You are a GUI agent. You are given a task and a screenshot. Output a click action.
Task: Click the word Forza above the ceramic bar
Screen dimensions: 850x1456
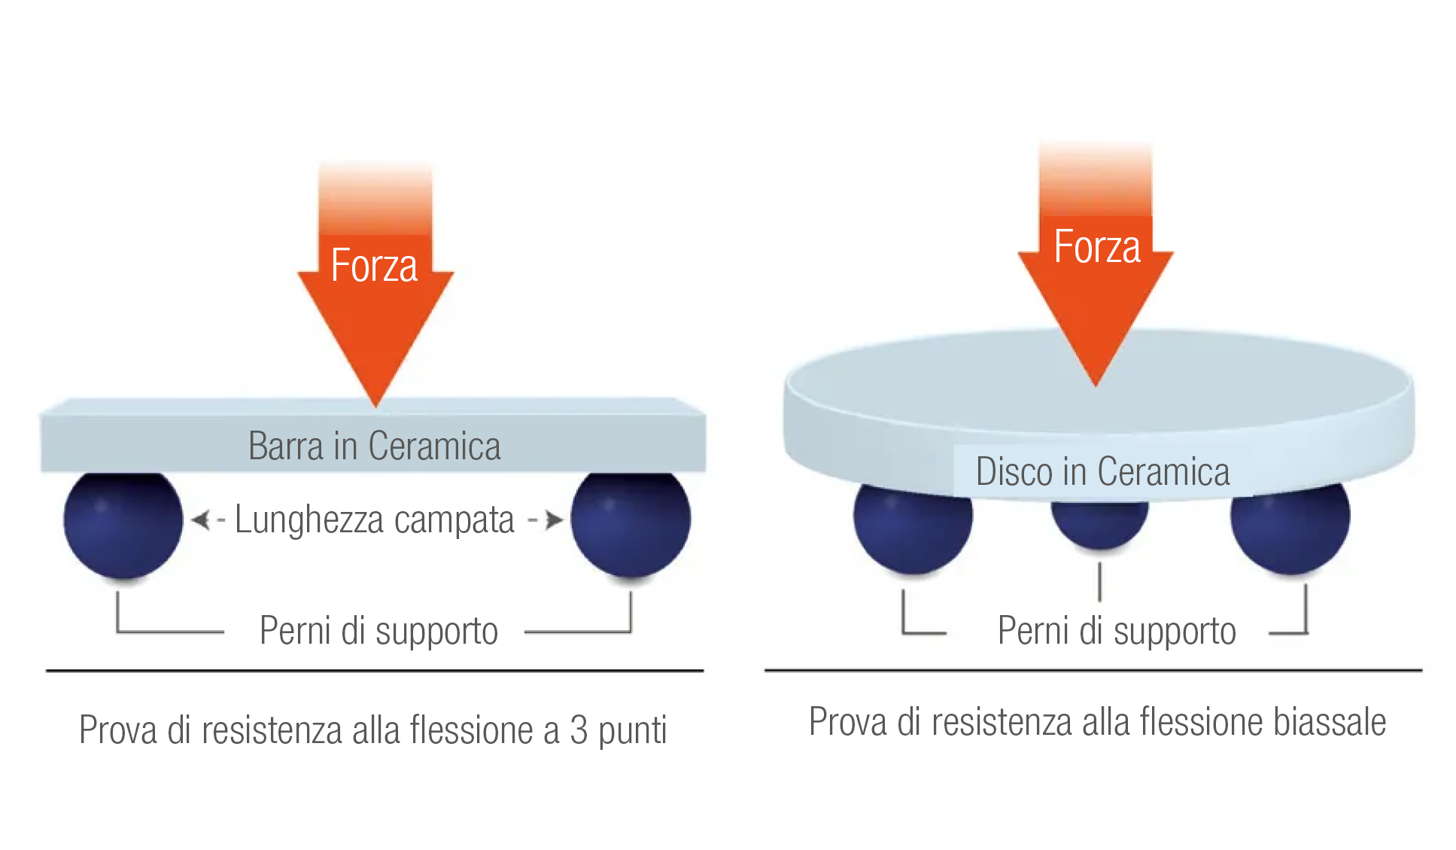click(x=374, y=266)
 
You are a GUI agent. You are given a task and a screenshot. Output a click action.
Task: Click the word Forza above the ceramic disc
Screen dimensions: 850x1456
click(x=1097, y=247)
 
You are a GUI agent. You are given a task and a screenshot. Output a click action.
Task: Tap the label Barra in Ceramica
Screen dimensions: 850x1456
click(x=374, y=446)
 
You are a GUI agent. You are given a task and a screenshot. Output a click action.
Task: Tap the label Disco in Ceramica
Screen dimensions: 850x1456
click(x=1102, y=472)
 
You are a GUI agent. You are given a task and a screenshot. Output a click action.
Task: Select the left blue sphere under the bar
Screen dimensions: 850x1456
click(x=123, y=523)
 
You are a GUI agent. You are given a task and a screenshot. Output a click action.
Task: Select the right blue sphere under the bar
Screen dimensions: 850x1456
click(x=631, y=523)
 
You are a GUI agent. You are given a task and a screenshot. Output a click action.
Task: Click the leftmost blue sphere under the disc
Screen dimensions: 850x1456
click(x=913, y=527)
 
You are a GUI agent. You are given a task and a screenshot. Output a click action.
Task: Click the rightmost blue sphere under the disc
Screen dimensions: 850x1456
click(x=1290, y=527)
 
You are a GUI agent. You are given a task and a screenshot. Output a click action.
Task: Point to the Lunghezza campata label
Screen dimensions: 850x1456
click(x=374, y=519)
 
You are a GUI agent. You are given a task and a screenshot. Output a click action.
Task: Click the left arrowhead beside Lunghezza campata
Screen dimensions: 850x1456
click(x=200, y=519)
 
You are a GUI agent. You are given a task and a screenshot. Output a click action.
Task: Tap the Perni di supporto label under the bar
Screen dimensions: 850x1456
click(x=378, y=630)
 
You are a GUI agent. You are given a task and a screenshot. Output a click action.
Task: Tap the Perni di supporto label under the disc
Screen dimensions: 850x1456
click(x=1117, y=630)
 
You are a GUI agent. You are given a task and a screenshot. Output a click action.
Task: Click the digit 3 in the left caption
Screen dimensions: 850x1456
click(x=579, y=730)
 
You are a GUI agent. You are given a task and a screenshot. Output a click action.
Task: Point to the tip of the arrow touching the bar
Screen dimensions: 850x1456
click(x=375, y=404)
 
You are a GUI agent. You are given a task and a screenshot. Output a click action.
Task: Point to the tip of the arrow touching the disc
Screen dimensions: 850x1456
click(x=1096, y=382)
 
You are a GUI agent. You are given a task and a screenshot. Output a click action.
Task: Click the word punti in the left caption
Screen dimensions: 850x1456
click(x=633, y=730)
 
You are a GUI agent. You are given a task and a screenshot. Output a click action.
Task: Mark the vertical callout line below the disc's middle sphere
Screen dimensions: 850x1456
click(x=1100, y=582)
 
